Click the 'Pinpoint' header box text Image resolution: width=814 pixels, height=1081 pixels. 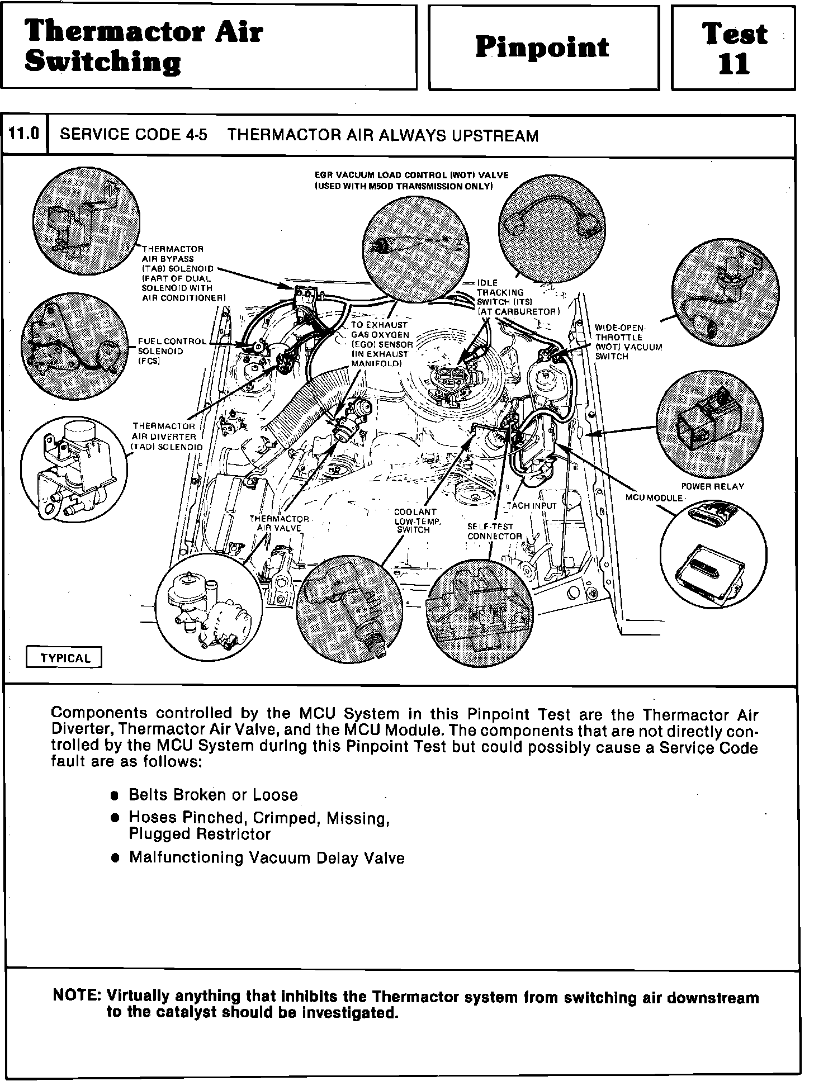coord(542,47)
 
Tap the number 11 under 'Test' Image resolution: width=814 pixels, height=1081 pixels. coord(733,64)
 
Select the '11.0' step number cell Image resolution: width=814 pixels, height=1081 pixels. coord(25,134)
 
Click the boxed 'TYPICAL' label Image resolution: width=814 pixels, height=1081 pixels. coord(64,658)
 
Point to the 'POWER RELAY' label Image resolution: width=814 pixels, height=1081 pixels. coord(712,486)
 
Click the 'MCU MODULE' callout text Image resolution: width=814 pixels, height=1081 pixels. coord(654,498)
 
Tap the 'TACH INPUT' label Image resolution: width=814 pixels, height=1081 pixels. coord(532,506)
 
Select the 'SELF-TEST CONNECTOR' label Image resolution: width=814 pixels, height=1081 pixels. coord(494,531)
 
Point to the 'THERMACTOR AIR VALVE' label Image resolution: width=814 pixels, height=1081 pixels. coord(279,523)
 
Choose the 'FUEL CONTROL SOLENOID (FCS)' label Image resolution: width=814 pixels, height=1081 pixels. coord(171,351)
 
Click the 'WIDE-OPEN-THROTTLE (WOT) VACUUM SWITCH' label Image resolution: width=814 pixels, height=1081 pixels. coord(628,342)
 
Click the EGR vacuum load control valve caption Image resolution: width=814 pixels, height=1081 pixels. coord(411,180)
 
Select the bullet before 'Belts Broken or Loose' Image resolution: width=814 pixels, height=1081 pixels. coord(115,795)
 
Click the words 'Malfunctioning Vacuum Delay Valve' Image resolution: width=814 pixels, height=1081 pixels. coord(267,857)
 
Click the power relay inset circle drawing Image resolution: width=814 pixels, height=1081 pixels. coord(709,421)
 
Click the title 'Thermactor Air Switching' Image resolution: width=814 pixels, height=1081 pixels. coord(144,46)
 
